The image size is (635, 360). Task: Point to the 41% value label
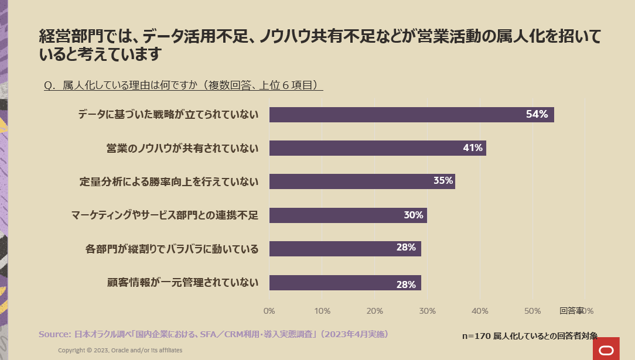point(472,148)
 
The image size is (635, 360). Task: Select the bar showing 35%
point(362,181)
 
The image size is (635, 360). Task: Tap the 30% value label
point(413,215)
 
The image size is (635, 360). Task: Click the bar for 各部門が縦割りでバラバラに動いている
point(345,249)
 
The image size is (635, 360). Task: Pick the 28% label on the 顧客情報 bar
point(406,284)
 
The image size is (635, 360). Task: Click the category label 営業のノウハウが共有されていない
point(182,148)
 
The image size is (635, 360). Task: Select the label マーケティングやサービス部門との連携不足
point(165,215)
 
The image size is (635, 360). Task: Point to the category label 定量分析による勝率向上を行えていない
point(169,181)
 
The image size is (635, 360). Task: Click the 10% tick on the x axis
point(322,310)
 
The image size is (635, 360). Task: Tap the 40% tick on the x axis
point(480,310)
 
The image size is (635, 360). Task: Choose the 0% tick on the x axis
point(269,310)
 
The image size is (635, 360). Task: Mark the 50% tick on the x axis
point(532,310)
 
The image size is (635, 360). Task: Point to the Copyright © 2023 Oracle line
point(120,350)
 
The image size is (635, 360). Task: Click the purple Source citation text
point(213,334)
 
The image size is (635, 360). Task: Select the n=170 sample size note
point(530,336)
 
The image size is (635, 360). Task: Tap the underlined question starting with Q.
point(183,85)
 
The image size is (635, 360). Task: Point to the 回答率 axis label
point(572,310)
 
